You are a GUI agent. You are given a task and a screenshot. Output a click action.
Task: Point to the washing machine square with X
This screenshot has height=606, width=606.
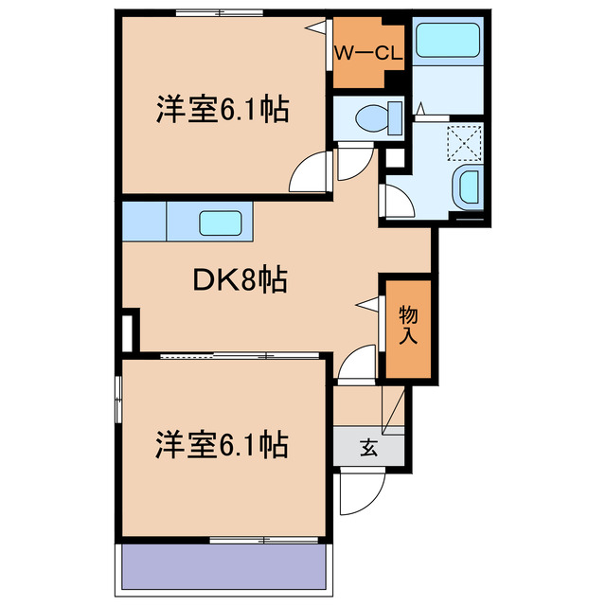pyautogui.click(x=464, y=142)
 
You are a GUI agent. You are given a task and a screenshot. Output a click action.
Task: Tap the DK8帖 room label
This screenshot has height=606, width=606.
pyautogui.click(x=241, y=280)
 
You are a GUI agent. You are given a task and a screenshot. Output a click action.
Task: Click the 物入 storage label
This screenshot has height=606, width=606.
pyautogui.click(x=407, y=323)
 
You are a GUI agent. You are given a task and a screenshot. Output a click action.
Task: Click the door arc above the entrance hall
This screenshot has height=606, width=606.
pyautogui.click(x=358, y=363)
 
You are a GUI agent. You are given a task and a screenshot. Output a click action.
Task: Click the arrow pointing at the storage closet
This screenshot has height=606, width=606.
pyautogui.click(x=366, y=304)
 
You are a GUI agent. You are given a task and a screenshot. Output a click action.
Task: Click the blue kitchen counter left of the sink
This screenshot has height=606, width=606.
pyautogui.click(x=144, y=223)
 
